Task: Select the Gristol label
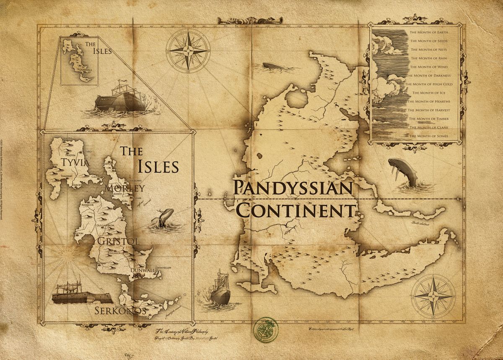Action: (x=112, y=241)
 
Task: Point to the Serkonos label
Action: (x=120, y=311)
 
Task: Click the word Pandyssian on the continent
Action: (x=292, y=188)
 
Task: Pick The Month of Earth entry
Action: (x=429, y=32)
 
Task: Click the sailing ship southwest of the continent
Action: (x=220, y=289)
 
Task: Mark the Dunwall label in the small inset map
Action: (x=87, y=72)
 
